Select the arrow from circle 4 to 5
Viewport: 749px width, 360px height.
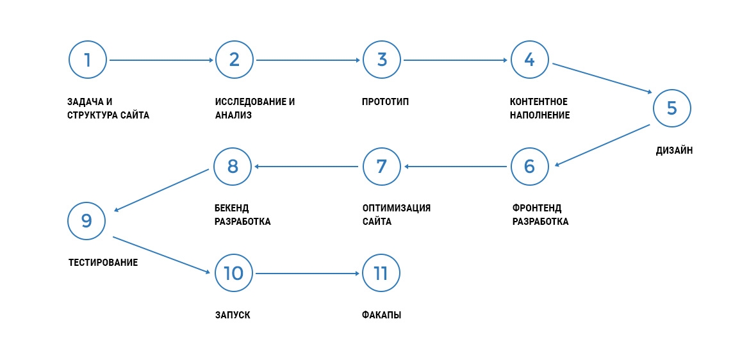tap(602, 78)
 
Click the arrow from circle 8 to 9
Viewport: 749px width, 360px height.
tap(161, 190)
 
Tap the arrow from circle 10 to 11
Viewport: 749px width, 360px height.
tap(308, 274)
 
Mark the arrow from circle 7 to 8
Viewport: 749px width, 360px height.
tap(306, 167)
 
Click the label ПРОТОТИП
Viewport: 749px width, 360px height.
tap(386, 102)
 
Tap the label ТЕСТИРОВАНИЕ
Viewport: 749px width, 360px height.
tap(103, 263)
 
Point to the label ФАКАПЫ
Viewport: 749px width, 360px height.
tap(382, 316)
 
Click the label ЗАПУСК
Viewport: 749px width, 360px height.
tap(233, 316)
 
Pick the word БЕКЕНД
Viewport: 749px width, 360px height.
tap(232, 209)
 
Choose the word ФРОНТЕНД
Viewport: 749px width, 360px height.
tap(537, 209)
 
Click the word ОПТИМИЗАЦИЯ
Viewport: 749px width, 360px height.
tap(397, 209)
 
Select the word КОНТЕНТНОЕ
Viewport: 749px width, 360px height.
tap(539, 102)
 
